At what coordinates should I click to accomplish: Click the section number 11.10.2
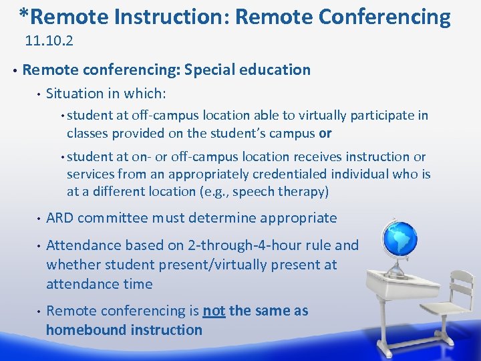pyautogui.click(x=49, y=41)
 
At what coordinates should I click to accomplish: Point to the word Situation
pyautogui.click(x=75, y=94)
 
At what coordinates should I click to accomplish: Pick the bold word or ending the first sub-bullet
pyautogui.click(x=325, y=133)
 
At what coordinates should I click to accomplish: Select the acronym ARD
pyautogui.click(x=59, y=218)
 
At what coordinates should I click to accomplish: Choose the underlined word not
pyautogui.click(x=214, y=311)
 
